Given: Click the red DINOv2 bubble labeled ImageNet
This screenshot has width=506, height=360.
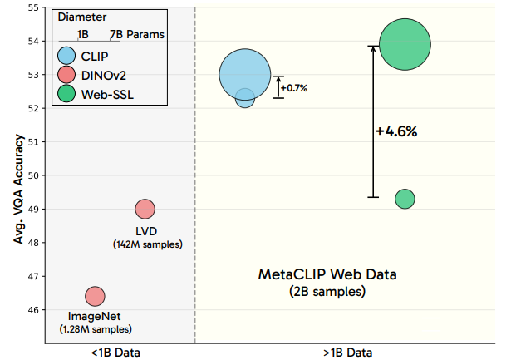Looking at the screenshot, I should tap(95, 296).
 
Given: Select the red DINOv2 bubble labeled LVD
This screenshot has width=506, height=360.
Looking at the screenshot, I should tap(145, 209).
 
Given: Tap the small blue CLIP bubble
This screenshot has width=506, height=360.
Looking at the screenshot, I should tap(245, 98).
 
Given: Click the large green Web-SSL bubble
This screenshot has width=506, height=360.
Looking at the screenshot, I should tap(405, 45).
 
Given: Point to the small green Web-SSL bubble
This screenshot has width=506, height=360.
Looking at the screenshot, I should tap(405, 199).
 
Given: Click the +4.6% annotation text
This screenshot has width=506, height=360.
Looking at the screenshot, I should tap(396, 131).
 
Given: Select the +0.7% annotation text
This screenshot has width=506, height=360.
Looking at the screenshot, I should tap(294, 87).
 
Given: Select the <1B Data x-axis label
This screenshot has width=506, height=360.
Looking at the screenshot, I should tap(116, 353).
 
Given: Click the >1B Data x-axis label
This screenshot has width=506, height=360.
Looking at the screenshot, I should tap(347, 353).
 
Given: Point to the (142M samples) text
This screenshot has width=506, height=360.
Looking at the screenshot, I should tap(147, 244).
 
